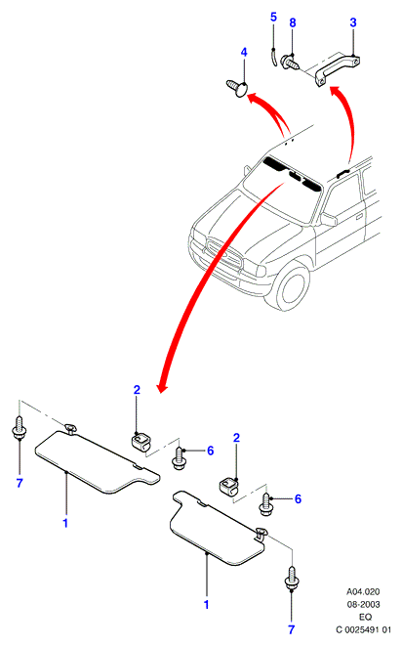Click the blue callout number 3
pos(353,22)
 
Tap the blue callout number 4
pos(244,53)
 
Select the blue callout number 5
pos(273,18)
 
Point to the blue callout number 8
pos(293,22)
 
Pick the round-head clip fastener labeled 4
pos(237,88)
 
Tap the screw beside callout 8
pos(290,63)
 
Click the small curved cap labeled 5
pos(274,57)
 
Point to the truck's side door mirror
pos(328,219)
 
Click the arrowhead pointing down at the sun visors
pos(162,388)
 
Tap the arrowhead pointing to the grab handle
pos(334,90)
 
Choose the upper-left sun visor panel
pos(98,460)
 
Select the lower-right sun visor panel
pos(219,528)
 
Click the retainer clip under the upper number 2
pos(141,441)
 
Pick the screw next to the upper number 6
pos(179,458)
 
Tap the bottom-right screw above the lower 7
pos(292,579)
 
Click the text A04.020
pos(363,592)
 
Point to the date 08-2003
pos(363,604)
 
